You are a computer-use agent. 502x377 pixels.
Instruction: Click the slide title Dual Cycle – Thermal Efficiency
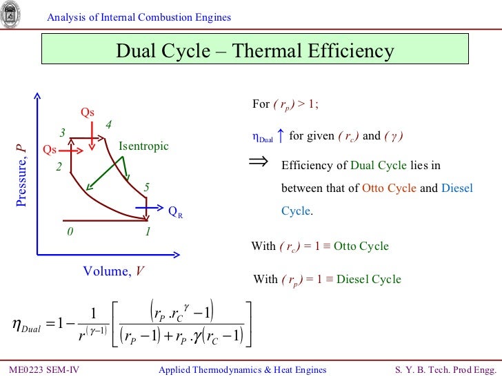(254, 52)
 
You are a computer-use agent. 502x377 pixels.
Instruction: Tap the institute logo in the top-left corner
(11, 14)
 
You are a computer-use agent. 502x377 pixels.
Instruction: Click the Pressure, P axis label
(21, 177)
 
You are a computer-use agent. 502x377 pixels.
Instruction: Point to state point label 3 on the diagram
(62, 133)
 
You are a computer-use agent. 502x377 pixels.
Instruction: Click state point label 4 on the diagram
(108, 125)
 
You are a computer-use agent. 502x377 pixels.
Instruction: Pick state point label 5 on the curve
(146, 188)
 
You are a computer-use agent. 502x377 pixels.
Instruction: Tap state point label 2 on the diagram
(59, 167)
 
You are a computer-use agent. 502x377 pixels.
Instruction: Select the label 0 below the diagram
(69, 232)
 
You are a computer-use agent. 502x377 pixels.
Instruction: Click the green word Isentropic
(143, 146)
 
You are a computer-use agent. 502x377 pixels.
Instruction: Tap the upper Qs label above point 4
(88, 113)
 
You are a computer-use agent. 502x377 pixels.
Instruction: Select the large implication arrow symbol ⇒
(257, 162)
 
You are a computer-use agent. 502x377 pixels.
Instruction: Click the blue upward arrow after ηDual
(281, 136)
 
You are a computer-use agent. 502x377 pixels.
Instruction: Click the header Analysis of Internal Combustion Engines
(139, 17)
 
